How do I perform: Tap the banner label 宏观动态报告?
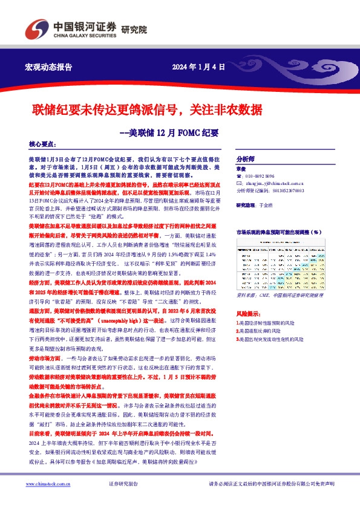[x=48, y=66]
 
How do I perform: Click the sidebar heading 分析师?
[x=245, y=155]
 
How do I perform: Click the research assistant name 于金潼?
[x=275, y=205]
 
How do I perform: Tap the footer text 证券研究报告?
[x=123, y=484]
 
